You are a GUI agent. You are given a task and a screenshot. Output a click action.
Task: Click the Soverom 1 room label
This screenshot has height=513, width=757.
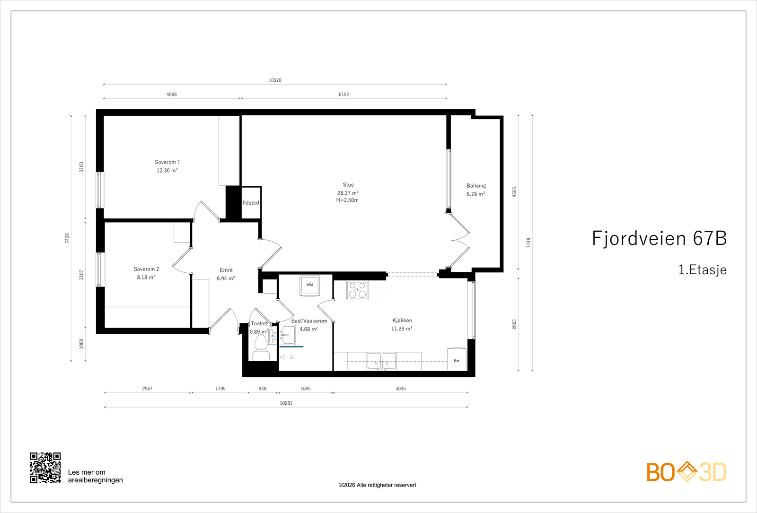(x=167, y=162)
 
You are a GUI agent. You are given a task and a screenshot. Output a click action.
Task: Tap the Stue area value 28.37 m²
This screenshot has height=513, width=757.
(x=348, y=193)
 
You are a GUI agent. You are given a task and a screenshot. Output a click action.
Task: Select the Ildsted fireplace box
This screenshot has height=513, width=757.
(x=251, y=203)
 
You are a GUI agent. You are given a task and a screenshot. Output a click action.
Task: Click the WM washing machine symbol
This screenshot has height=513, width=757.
(x=309, y=286)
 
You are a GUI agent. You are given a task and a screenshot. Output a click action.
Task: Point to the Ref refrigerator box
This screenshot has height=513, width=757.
(x=457, y=359)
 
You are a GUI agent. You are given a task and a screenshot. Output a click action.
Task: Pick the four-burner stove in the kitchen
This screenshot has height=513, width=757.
(x=357, y=290)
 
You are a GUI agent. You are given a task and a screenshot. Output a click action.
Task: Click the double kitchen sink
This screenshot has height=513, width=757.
(x=381, y=361)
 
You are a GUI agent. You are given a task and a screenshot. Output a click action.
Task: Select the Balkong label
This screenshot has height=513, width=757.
(x=476, y=185)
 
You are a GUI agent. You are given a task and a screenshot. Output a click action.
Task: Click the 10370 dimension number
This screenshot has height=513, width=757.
(x=275, y=80)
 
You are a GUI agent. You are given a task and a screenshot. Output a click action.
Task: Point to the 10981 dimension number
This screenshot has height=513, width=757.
(x=286, y=403)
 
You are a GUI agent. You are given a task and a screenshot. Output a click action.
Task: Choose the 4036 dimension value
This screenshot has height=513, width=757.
(x=400, y=389)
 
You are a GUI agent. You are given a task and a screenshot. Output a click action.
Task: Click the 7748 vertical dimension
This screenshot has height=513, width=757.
(x=528, y=243)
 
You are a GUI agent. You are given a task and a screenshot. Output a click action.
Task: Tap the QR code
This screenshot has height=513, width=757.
(x=45, y=468)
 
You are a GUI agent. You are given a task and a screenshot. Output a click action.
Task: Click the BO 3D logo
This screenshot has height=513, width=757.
(x=687, y=472)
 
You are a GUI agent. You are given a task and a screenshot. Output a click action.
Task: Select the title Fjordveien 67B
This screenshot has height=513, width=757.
(x=660, y=238)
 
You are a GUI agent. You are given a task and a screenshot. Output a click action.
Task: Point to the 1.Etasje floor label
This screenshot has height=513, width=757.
(x=702, y=270)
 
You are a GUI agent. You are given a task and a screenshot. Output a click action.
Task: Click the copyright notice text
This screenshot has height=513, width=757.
(x=377, y=485)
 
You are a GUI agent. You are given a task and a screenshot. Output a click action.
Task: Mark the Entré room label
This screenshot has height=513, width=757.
(x=226, y=270)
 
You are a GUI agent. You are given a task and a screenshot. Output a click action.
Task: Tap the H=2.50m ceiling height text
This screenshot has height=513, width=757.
(x=347, y=200)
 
